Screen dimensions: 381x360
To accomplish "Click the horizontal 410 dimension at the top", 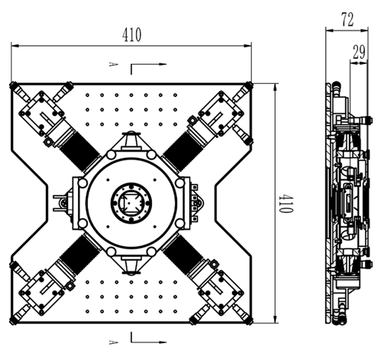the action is coord(131,34).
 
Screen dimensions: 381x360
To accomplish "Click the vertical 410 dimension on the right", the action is coord(286,204).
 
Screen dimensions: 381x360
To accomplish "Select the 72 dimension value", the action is coord(347,20).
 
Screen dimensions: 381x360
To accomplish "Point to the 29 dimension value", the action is coord(359,52).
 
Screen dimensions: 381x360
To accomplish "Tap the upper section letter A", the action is coord(113,64).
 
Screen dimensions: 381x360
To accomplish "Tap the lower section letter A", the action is coord(113,342).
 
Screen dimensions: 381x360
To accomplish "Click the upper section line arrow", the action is coord(149,69).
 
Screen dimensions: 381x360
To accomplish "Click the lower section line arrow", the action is coord(149,337).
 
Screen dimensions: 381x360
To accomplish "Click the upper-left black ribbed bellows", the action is coord(79,151).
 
